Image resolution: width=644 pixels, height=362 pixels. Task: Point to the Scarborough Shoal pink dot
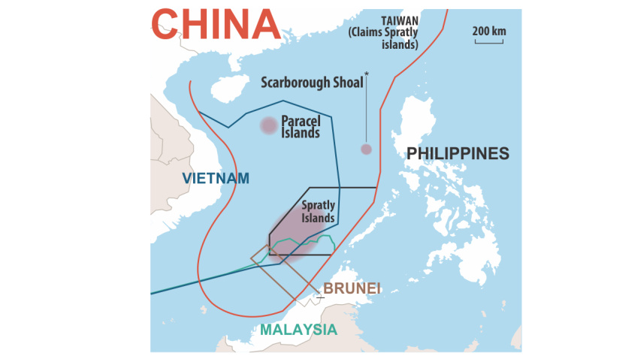366,149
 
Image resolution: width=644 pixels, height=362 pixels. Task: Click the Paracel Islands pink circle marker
268,125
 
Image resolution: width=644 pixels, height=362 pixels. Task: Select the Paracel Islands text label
300,126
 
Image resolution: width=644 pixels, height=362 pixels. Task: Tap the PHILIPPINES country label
458,154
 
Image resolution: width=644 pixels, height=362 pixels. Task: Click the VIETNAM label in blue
216,178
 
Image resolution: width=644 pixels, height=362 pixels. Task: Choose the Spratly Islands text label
318,211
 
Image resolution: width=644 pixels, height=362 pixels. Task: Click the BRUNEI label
352,288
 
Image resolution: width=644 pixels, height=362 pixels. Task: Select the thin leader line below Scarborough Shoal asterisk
366,113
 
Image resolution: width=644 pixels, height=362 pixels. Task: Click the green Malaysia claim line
301,242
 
